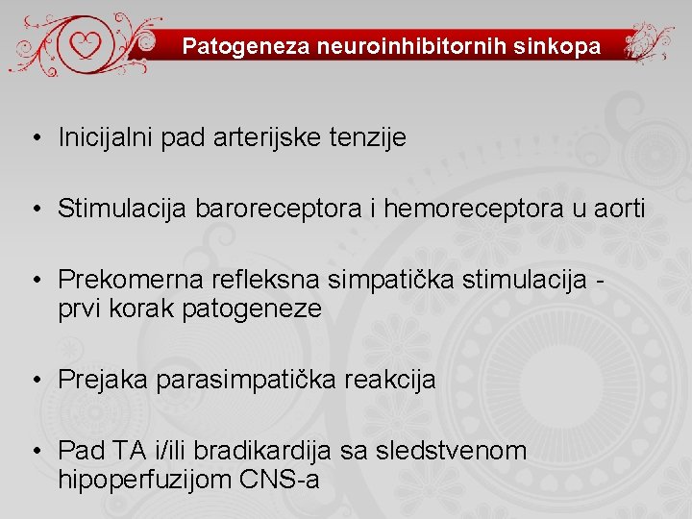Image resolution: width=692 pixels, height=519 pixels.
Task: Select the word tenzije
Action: [x=370, y=137]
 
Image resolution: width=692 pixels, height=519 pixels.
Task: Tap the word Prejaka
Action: [x=102, y=380]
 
